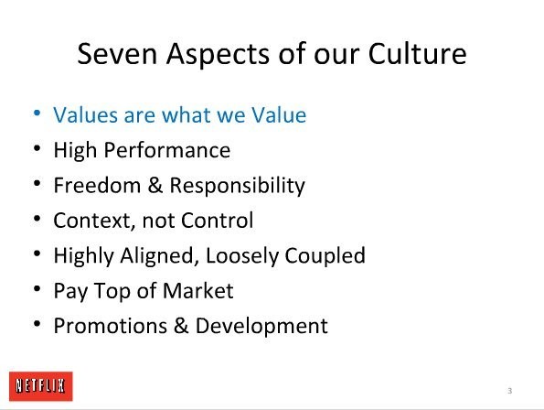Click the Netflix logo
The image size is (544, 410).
[41, 386]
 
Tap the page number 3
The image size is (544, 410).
[509, 391]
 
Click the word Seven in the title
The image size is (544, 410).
[117, 54]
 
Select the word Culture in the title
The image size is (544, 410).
[417, 54]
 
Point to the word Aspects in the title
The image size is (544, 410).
[218, 56]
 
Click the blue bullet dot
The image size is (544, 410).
[37, 113]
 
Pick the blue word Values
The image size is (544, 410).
[85, 114]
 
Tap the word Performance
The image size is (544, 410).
[167, 150]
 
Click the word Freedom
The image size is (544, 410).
[97, 185]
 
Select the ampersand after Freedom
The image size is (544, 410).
[155, 185]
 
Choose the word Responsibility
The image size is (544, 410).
[238, 187]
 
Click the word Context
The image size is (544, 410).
[94, 221]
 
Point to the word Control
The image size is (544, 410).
[218, 221]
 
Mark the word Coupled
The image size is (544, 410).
[325, 257]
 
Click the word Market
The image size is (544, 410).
[198, 291]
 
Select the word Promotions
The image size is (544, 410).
[111, 326]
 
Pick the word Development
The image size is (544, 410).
[261, 327]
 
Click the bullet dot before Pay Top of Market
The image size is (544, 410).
[37, 288]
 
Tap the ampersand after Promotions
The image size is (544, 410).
[181, 326]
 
